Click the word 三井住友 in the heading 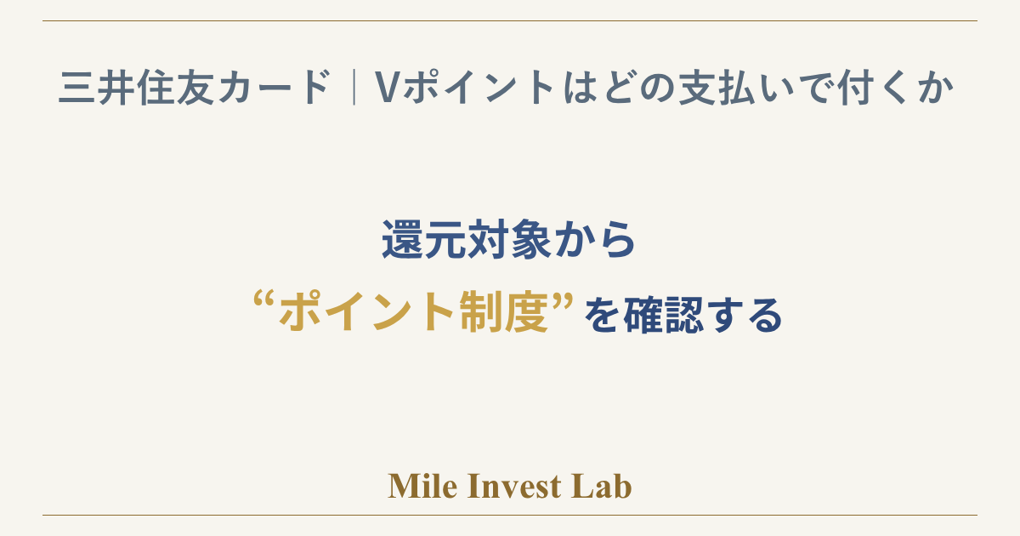pos(136,88)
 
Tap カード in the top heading pos(274,87)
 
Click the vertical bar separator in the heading pos(354,87)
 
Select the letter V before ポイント pos(387,88)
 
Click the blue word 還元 pos(425,240)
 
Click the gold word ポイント pos(367,312)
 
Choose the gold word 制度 pos(503,312)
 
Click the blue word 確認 pos(666,315)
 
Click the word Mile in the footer pos(422,486)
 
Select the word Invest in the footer pos(514,486)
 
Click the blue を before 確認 pos(603,315)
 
